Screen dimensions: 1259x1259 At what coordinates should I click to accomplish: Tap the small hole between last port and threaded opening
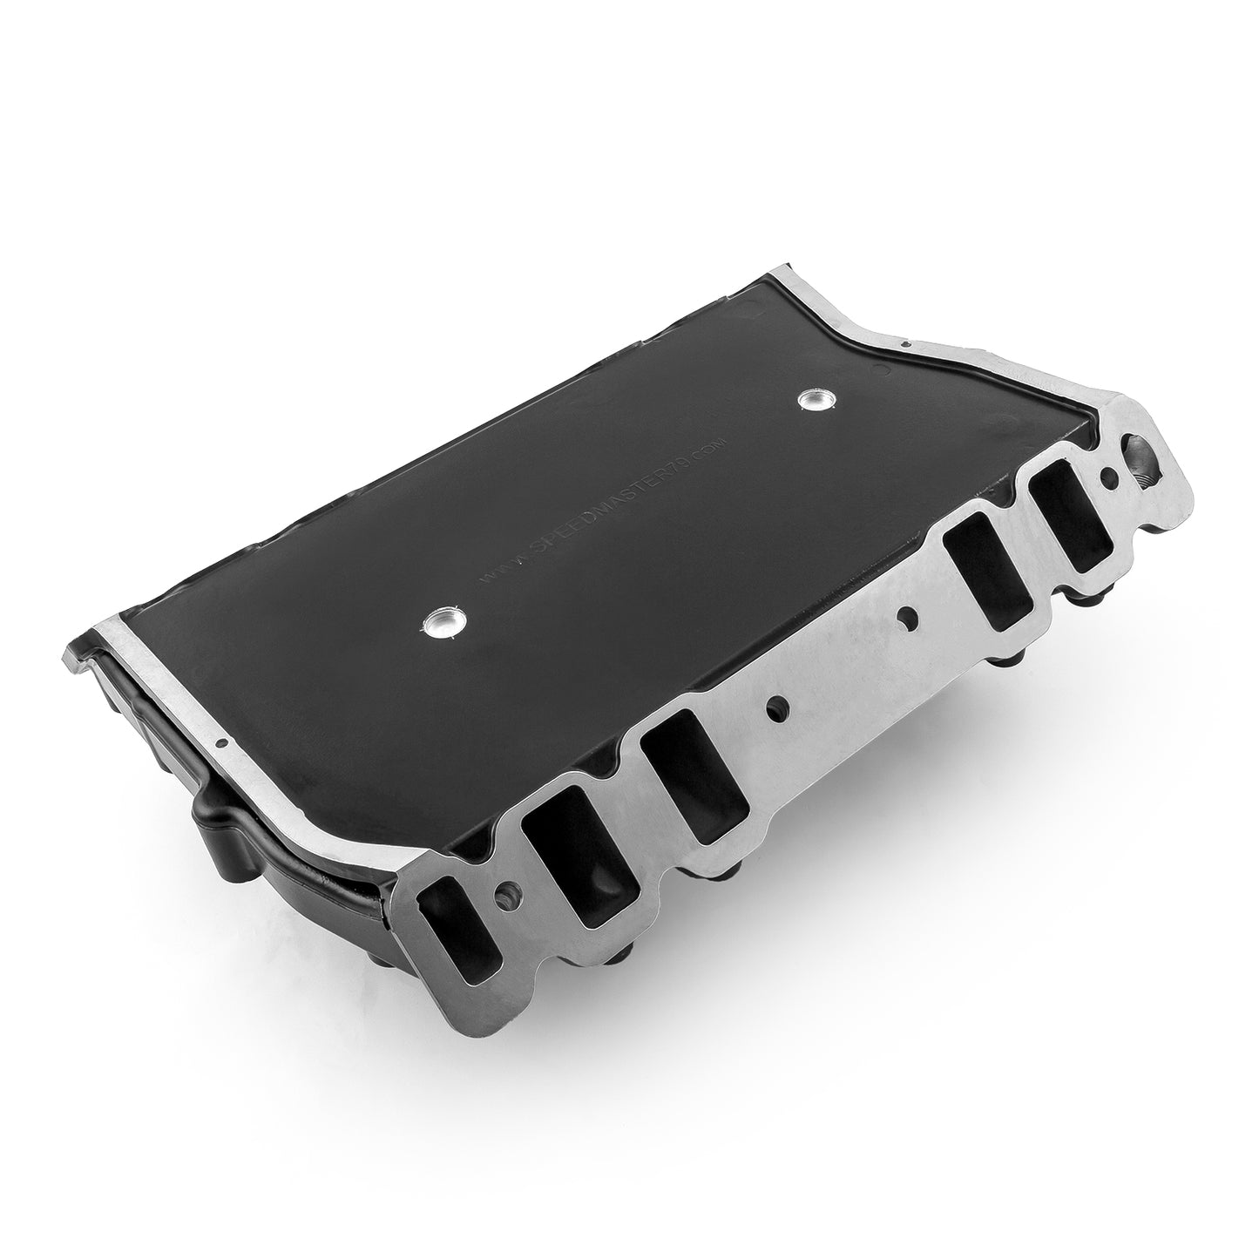[x=1109, y=477]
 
